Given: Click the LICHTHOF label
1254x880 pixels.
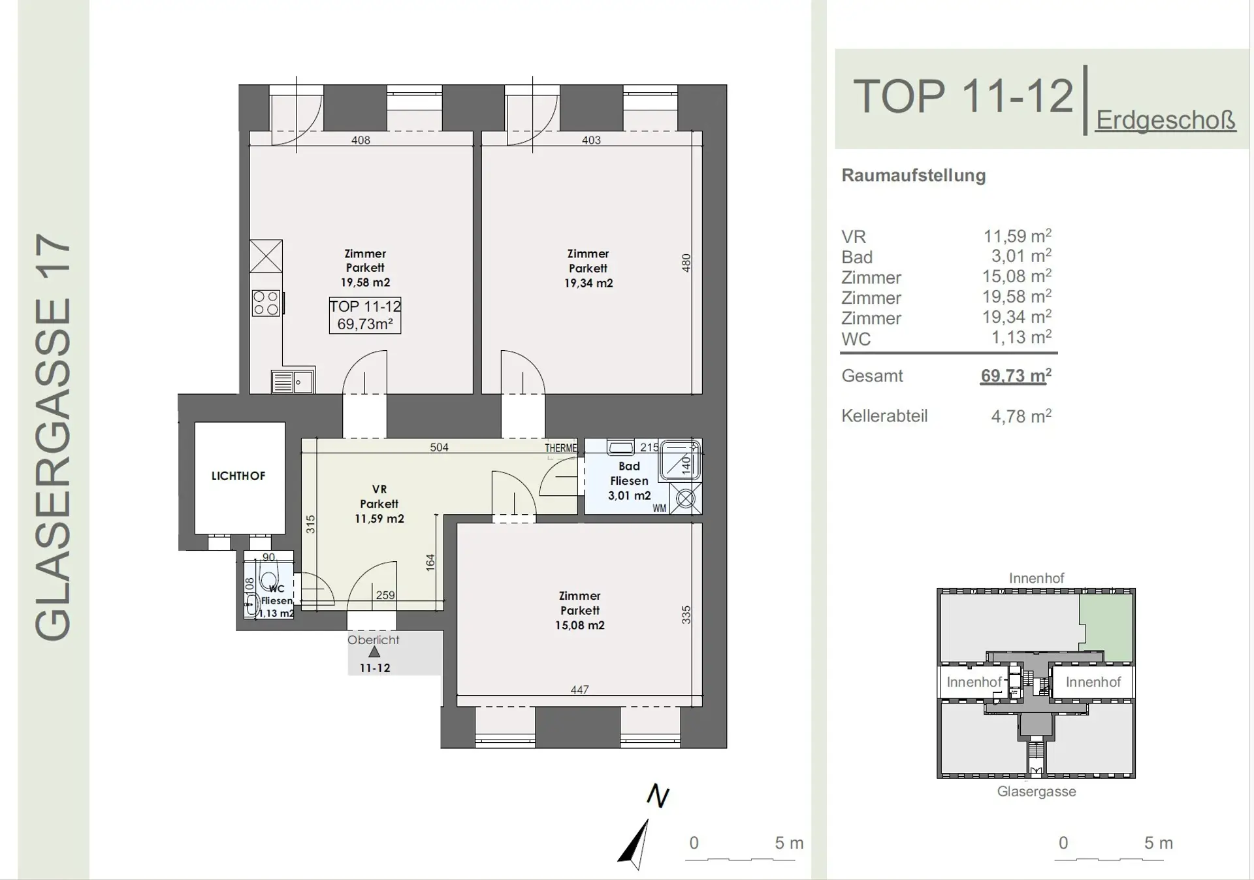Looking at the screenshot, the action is click(238, 476).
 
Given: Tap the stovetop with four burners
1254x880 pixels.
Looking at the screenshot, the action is click(266, 304).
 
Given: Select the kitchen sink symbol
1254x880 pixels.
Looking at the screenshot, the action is click(293, 382).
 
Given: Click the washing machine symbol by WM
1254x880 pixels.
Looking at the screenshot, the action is click(686, 499).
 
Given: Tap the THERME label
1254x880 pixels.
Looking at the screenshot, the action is click(561, 448).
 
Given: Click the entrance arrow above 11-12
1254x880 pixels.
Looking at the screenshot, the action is click(374, 652).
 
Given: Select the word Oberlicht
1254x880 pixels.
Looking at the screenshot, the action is click(373, 640).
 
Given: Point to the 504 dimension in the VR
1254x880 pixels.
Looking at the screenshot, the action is click(439, 448).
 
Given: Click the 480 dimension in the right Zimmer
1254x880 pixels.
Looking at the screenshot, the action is click(686, 263).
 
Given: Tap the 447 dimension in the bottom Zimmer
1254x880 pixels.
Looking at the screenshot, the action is click(579, 690).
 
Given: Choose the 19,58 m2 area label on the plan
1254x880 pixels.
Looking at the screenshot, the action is click(365, 282).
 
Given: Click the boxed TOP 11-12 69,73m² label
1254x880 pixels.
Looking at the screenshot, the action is click(365, 315).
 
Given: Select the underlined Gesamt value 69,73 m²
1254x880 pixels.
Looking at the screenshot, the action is click(1016, 376).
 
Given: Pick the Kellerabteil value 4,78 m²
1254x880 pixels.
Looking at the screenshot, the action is click(1021, 416).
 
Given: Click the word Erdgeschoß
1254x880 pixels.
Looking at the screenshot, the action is click(1166, 120).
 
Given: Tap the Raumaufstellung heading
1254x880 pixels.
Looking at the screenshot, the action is click(913, 176).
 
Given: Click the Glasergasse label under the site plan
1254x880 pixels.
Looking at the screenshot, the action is click(1037, 792).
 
